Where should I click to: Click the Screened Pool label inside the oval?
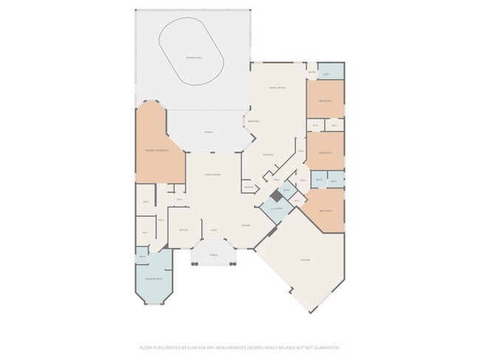coord(194,57)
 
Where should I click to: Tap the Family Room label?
coord(278,87)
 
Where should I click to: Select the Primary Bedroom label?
coord(157,150)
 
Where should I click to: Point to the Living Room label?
coord(213,175)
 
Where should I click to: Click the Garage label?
coord(304,260)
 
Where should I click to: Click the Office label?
coord(183,229)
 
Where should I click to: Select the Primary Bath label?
coord(153,280)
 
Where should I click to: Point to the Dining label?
coord(245,225)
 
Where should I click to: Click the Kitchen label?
coord(269,153)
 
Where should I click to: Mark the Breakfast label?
coord(253,120)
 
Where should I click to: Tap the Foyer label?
coord(213,229)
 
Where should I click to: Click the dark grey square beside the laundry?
coord(276,196)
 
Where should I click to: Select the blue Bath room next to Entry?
coord(330,72)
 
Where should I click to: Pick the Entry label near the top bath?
coord(312,72)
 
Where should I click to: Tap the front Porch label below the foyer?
coord(213,255)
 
